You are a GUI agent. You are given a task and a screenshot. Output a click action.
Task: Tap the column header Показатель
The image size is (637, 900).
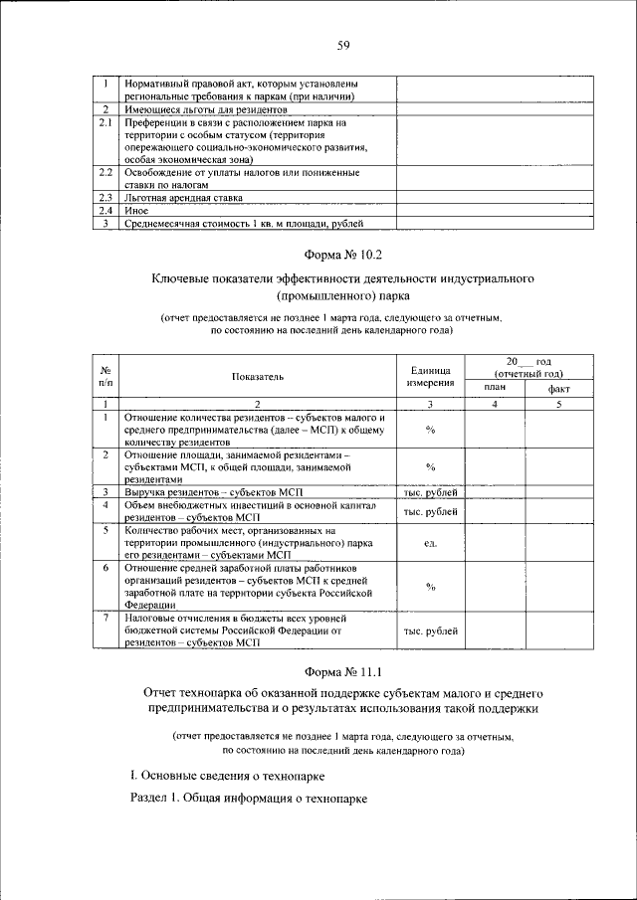click(259, 377)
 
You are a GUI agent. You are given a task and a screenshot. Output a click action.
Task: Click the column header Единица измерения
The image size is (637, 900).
click(431, 376)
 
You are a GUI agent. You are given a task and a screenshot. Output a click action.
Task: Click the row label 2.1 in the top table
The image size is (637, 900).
click(105, 122)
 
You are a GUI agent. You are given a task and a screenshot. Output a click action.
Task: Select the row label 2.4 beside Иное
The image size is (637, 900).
click(105, 211)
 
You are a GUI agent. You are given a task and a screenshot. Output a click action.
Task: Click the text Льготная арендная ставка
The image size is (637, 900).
click(180, 198)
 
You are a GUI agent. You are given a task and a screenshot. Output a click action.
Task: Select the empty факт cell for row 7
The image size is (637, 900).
click(558, 631)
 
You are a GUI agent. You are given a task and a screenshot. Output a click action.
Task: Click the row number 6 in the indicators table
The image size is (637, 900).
click(105, 567)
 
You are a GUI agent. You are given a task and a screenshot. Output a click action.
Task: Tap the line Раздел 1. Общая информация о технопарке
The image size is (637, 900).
click(249, 799)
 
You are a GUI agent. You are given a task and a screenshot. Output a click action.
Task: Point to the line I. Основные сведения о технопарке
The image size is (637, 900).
click(228, 774)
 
